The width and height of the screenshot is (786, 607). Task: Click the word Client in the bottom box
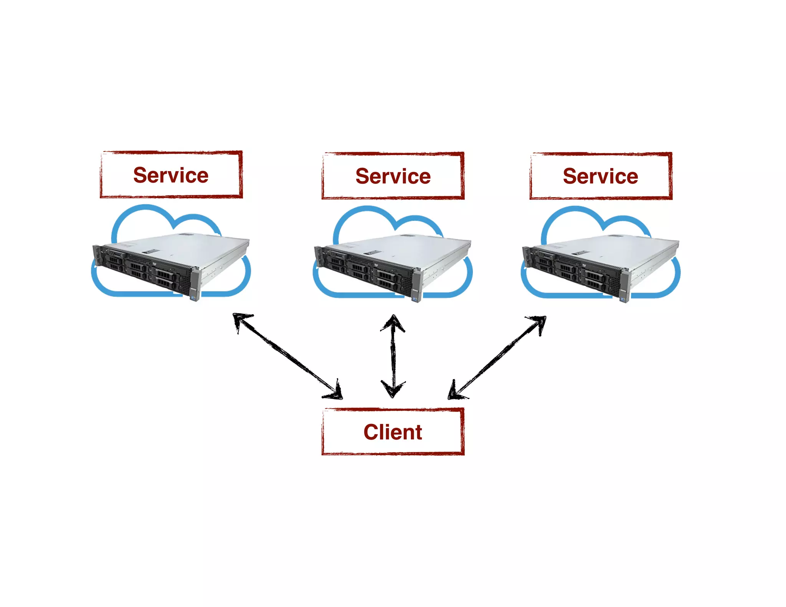pos(393,432)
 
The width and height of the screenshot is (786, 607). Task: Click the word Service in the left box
pos(171,175)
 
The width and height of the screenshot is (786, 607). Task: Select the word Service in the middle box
pos(393,176)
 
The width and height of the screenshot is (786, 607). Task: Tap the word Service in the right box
pos(600,176)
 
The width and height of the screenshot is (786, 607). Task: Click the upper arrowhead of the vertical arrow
pos(393,322)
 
